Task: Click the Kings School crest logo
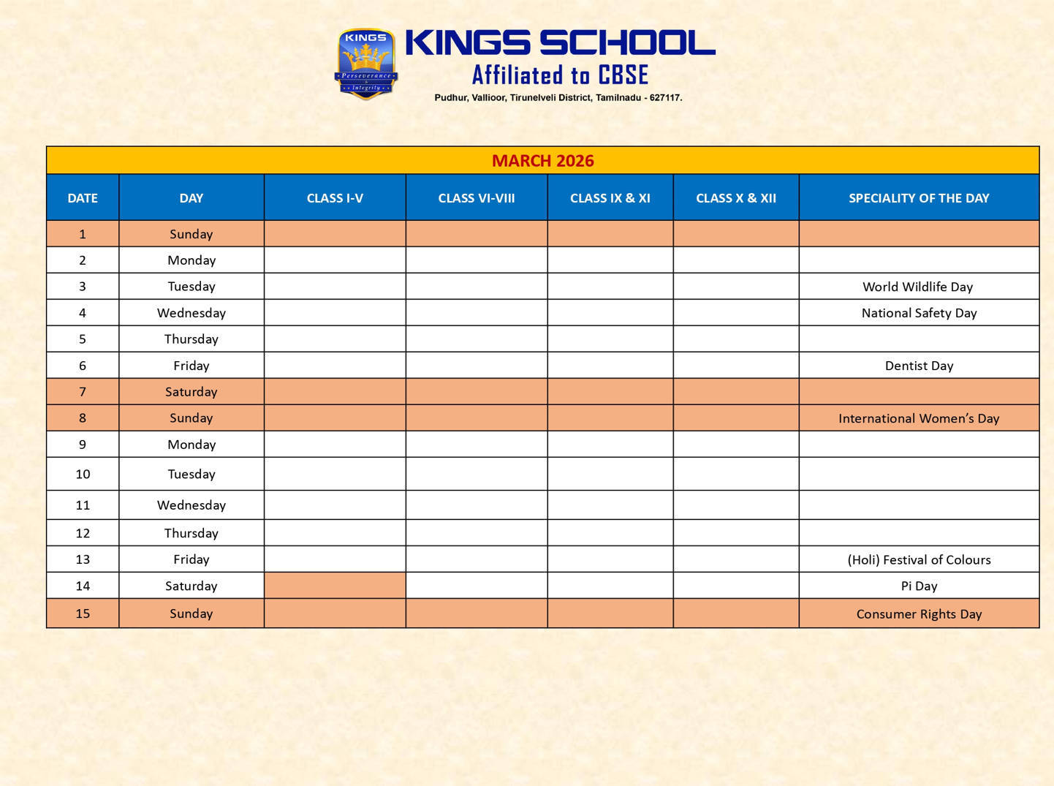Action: coord(365,64)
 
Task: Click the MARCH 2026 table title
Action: coord(542,161)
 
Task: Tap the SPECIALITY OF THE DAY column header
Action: coord(919,198)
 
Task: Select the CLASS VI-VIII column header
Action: coord(477,198)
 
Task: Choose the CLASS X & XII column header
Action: coord(736,198)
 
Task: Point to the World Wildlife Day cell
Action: coord(918,287)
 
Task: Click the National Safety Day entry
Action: coord(919,313)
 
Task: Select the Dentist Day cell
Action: coord(919,366)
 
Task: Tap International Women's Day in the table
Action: coord(919,418)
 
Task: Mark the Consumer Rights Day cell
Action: coord(919,614)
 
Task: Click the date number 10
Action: coord(83,475)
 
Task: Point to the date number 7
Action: coord(83,392)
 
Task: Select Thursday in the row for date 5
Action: coord(192,339)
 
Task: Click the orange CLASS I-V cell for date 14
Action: coord(335,586)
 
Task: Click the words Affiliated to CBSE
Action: coord(560,75)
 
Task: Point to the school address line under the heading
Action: coord(558,98)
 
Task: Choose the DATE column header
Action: coord(83,198)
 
